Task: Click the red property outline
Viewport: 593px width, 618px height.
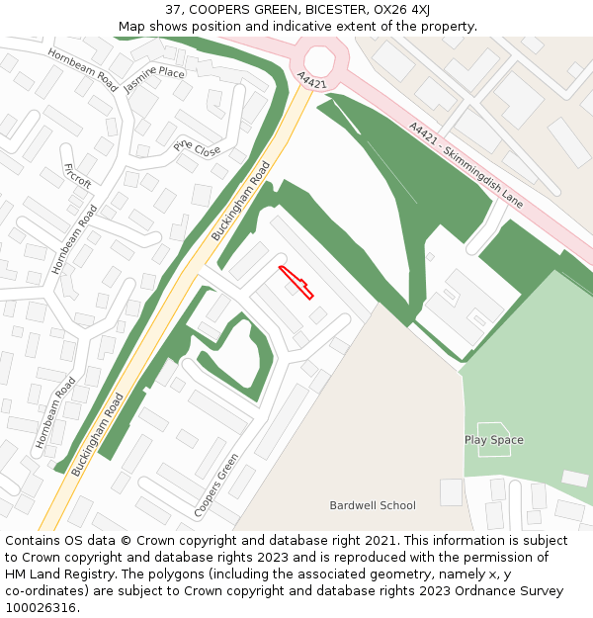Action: (296, 282)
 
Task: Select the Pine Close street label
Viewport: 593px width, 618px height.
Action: (198, 149)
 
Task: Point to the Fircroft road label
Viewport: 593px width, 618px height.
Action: (77, 176)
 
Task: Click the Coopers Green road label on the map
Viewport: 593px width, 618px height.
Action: (216, 485)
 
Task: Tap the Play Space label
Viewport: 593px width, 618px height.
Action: (494, 440)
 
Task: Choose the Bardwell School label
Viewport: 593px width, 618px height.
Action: (373, 505)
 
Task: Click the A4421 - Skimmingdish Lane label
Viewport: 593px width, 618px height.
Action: (466, 164)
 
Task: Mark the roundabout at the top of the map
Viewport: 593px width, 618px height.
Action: (320, 60)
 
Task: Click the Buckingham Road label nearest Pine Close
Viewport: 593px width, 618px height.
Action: (241, 202)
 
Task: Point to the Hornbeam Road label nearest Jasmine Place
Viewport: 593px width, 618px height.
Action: (82, 69)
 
